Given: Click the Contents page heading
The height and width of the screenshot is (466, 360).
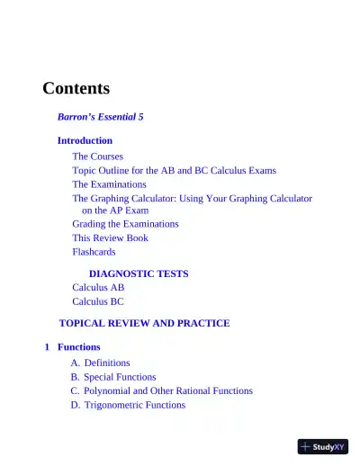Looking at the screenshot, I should point(76,88).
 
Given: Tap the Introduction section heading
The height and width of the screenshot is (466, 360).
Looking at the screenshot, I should point(85,140).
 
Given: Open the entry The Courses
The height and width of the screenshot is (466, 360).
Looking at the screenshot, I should point(97,156).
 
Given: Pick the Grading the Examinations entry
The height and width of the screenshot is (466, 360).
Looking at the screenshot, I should point(125,223).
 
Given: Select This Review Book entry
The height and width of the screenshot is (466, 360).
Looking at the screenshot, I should point(110,237).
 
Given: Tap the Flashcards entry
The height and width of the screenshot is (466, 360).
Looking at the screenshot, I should point(94,252).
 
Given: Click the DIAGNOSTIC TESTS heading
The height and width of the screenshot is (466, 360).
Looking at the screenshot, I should point(138,273).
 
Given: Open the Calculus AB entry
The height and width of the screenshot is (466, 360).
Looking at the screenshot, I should point(98,288).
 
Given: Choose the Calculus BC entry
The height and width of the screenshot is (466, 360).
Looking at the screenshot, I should point(98,302).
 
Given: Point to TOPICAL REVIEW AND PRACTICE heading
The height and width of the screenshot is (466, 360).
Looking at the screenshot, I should point(144,323).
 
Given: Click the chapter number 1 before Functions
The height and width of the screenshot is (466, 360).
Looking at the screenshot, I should point(47,347).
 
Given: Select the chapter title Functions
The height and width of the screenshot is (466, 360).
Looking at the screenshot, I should point(79,347).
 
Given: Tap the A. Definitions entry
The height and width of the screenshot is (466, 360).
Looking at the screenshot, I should point(100,363).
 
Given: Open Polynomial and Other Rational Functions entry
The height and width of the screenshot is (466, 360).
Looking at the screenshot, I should point(161,390).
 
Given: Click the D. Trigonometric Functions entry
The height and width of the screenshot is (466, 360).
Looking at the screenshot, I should point(128,405).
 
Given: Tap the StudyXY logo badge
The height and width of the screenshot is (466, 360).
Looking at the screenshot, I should point(322,446).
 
